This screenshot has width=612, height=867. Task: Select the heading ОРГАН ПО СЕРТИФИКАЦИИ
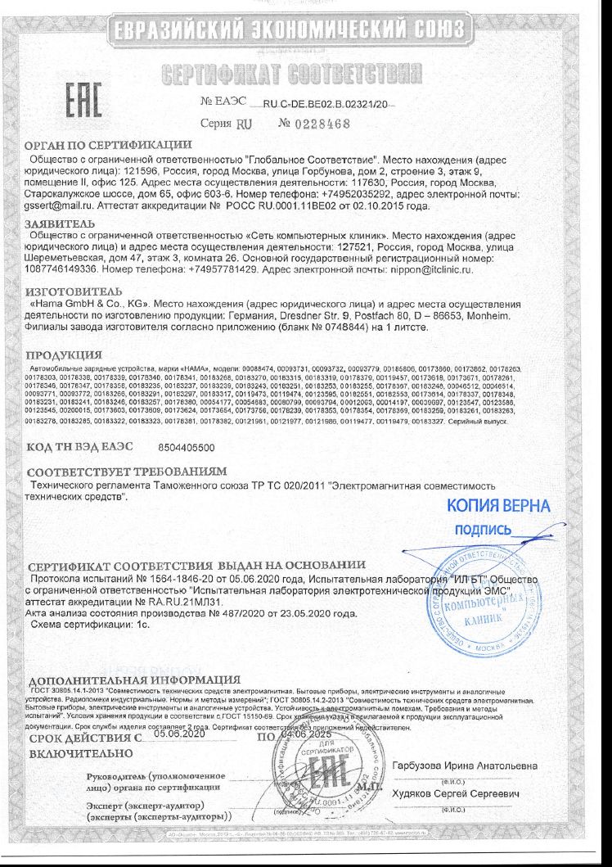[x=103, y=145]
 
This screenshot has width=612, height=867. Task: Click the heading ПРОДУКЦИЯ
[x=64, y=355]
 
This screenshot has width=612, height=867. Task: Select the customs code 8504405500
[x=186, y=448]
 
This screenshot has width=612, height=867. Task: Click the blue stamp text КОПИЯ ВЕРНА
[x=499, y=505]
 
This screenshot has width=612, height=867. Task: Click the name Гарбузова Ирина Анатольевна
[x=466, y=765]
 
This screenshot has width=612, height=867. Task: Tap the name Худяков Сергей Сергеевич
[x=458, y=794]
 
